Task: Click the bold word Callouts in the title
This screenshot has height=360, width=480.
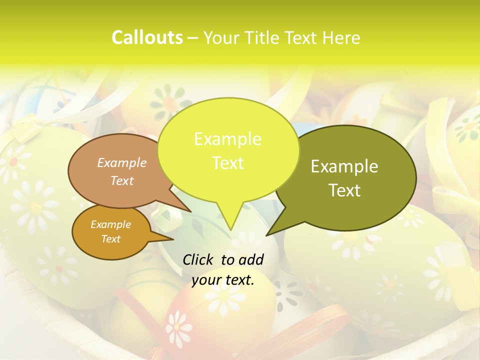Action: pyautogui.click(x=147, y=38)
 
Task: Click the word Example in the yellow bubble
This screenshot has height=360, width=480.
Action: pyautogui.click(x=227, y=139)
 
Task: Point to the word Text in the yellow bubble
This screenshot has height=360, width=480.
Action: pyautogui.click(x=227, y=163)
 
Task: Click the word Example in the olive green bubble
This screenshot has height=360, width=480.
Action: pyautogui.click(x=344, y=166)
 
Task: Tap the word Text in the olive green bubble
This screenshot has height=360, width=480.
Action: pyautogui.click(x=345, y=190)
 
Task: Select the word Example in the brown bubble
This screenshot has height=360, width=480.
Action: pyautogui.click(x=122, y=162)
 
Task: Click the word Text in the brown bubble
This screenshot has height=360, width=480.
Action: pyautogui.click(x=122, y=180)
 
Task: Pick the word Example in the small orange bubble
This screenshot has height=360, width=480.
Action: pyautogui.click(x=110, y=224)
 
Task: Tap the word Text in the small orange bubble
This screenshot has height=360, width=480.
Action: pyautogui.click(x=110, y=239)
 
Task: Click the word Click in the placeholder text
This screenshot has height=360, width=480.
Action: pyautogui.click(x=198, y=259)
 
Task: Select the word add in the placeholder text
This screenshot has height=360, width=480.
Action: pyautogui.click(x=251, y=259)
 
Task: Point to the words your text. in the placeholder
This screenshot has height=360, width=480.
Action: pyautogui.click(x=223, y=280)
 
